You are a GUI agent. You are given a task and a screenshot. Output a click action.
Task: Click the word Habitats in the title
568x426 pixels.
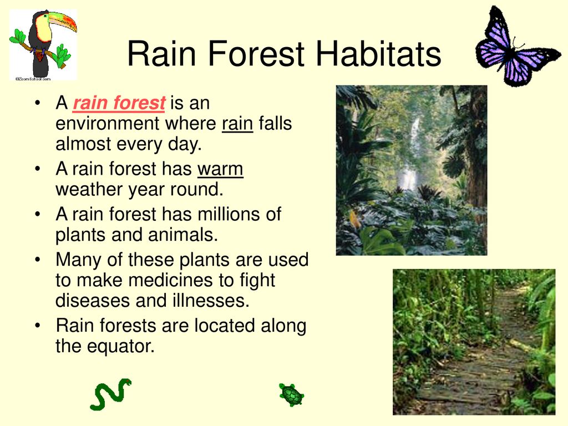[x=378, y=54]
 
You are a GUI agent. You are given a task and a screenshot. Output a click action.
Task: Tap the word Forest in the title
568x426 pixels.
[x=256, y=54]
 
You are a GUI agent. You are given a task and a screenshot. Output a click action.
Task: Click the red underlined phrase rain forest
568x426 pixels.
[x=119, y=103]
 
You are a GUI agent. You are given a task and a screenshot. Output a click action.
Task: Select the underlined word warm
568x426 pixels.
[x=220, y=169]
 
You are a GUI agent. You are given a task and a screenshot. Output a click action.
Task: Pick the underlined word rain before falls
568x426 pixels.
[x=237, y=124]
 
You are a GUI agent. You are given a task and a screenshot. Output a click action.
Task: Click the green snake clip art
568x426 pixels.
[x=111, y=394]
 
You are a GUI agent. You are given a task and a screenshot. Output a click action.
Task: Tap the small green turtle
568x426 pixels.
[x=292, y=395]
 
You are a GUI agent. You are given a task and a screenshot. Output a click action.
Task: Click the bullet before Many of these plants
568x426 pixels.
[x=38, y=260]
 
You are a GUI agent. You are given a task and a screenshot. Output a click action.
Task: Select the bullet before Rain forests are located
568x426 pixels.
[x=38, y=325]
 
